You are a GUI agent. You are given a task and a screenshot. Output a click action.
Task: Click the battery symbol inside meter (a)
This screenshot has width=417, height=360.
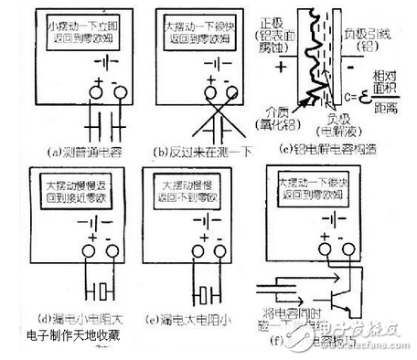[x=112, y=67]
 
